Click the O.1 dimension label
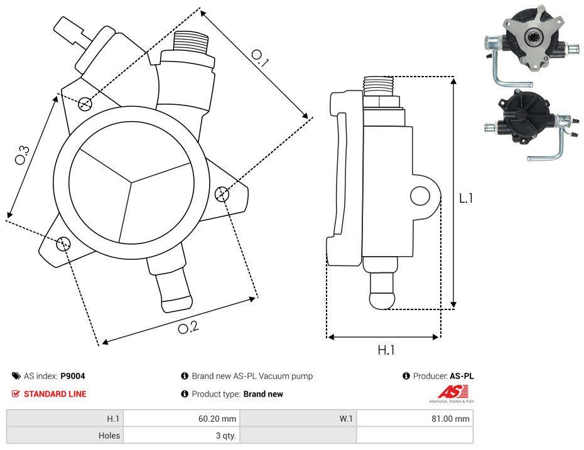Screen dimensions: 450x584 click(260, 58)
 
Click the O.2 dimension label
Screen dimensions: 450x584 click(188, 327)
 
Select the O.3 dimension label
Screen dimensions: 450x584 click(22, 155)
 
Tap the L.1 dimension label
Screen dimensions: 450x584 click(465, 198)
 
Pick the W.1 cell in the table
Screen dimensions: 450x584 click(346, 418)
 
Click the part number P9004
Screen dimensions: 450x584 click(73, 376)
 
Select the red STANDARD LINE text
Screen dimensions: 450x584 click(55, 394)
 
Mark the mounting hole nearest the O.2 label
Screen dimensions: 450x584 click(63, 244)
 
